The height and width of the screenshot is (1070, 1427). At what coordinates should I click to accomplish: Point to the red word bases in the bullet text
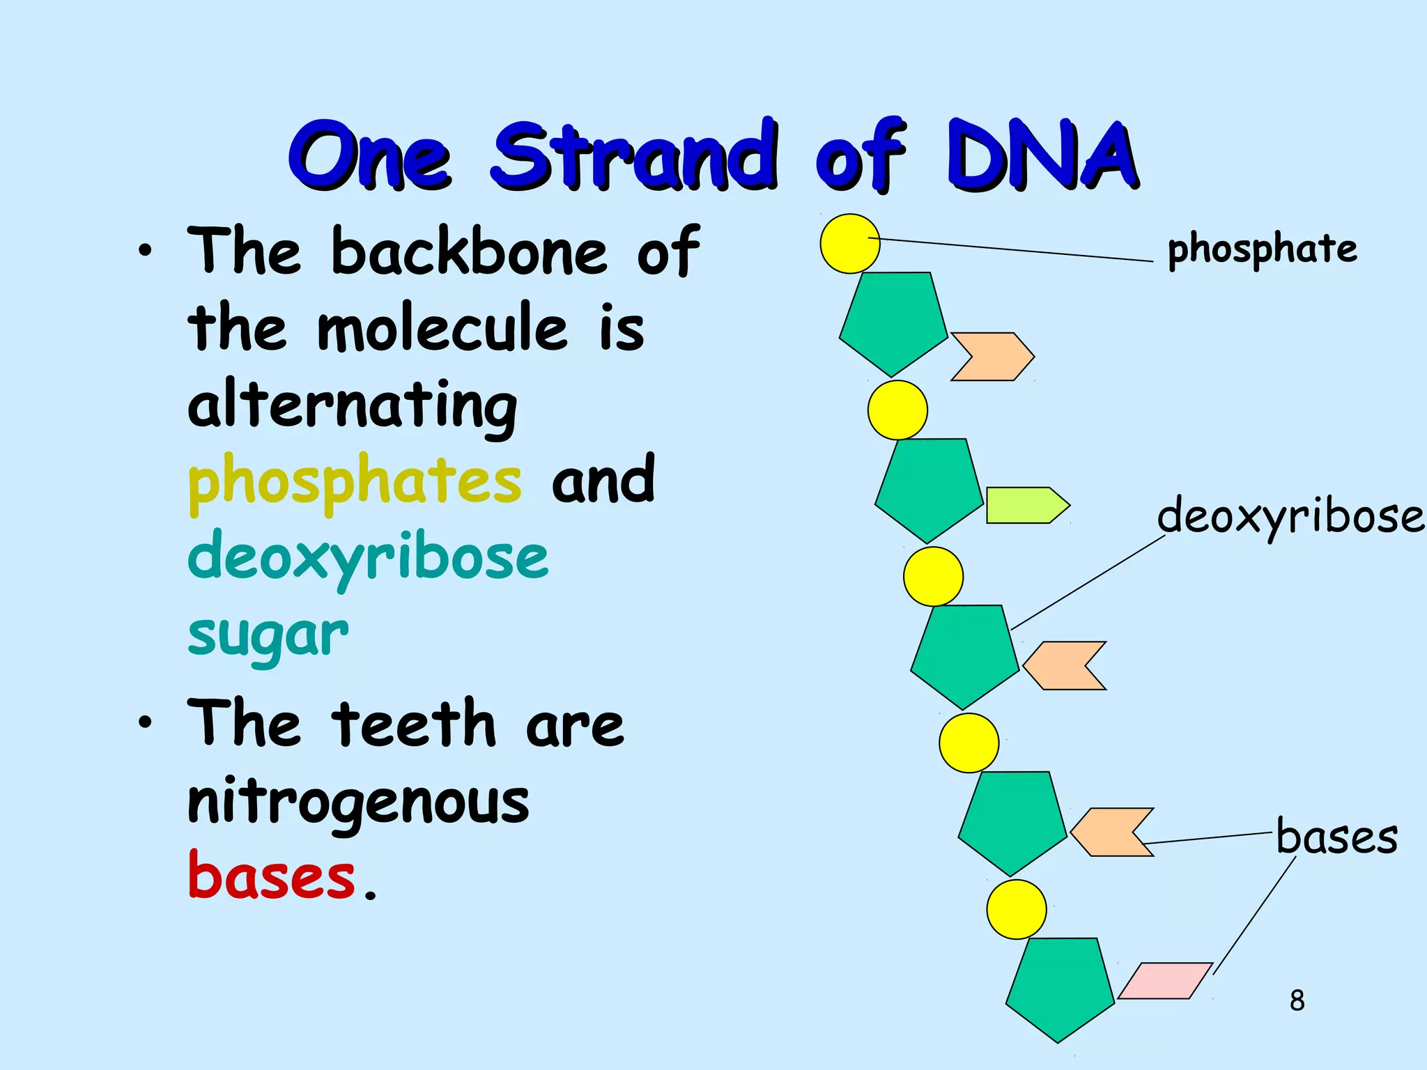pos(272,876)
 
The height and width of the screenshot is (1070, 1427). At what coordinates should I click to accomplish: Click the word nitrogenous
pos(358,801)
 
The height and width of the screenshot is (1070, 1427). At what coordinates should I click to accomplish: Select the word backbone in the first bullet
pos(469,251)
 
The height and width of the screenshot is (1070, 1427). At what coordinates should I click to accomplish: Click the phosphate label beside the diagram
pos(1262,249)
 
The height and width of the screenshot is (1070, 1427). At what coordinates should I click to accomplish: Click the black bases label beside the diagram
pos(1336,837)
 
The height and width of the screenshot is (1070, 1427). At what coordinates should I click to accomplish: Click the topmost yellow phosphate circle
pos(850,244)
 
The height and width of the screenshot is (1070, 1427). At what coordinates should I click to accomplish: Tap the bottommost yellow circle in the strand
pos(1016,909)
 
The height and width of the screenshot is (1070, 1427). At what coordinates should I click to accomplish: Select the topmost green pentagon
pos(893,322)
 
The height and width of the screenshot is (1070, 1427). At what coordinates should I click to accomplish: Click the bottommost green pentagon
pos(1060,987)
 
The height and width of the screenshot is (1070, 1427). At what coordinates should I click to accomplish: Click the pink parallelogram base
pos(1165,981)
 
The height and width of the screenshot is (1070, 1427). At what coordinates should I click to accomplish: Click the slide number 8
pos(1297,1000)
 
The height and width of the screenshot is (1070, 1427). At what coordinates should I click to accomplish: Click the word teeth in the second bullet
pos(413,724)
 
